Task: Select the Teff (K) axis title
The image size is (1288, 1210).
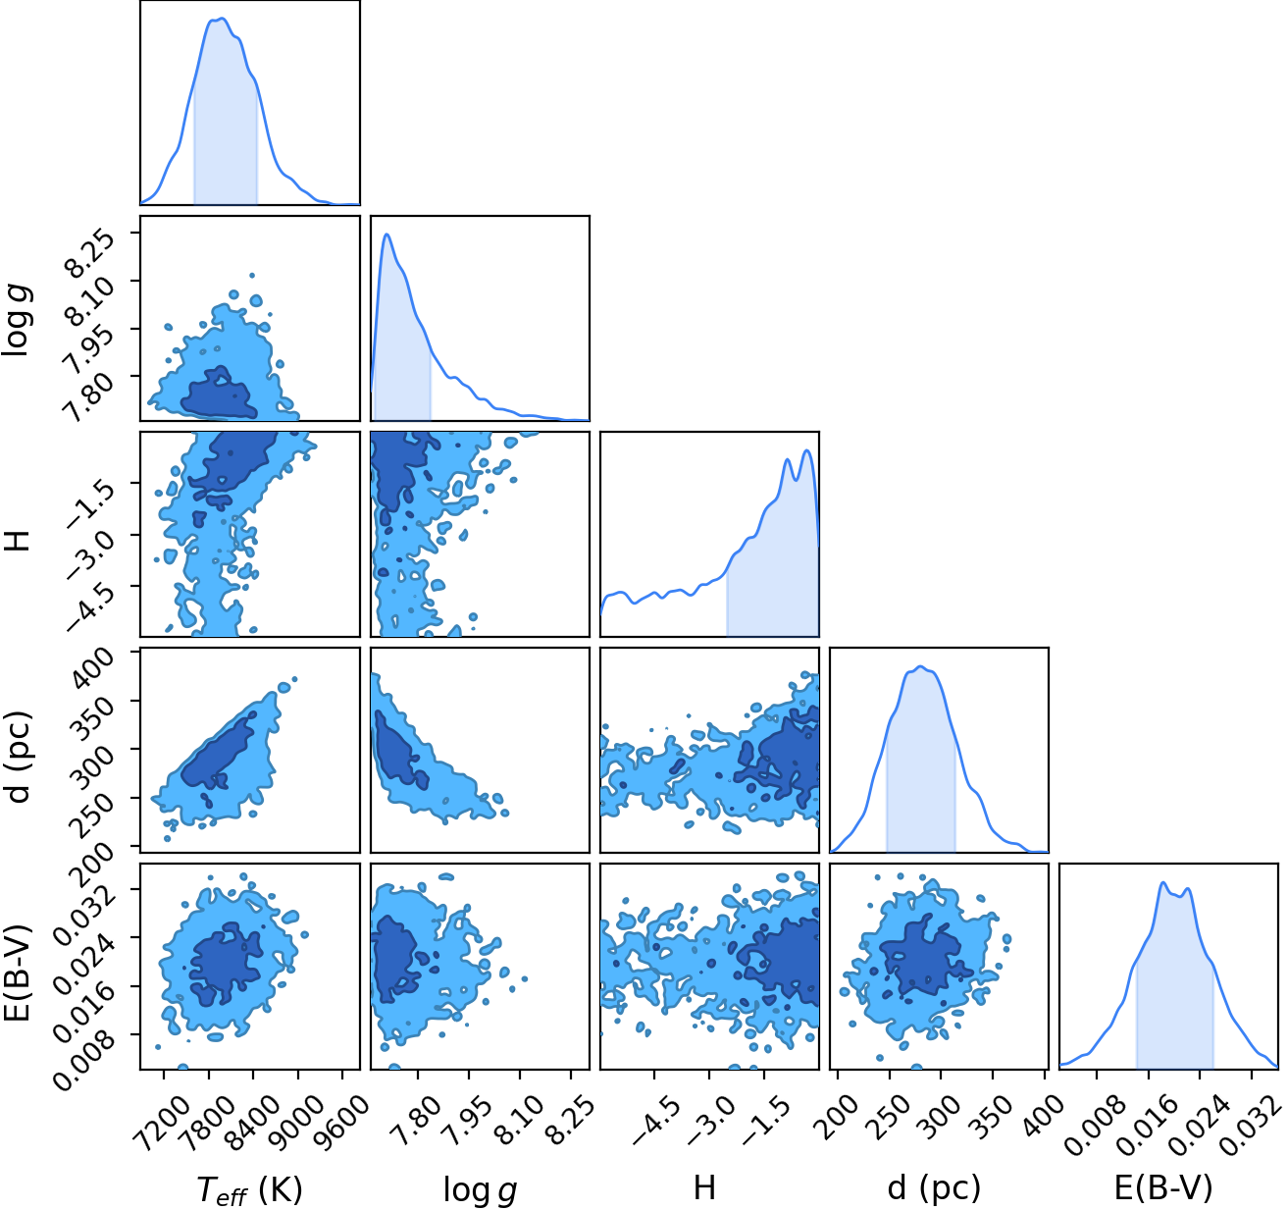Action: coord(250,1190)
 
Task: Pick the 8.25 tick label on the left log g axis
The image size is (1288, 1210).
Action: coord(81,252)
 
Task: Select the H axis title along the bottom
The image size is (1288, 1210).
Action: coord(705,1188)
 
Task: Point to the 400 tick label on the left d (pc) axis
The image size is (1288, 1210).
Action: coord(91,668)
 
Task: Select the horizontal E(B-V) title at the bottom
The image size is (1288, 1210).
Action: coord(1163,1188)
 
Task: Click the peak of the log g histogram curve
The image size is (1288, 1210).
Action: coord(386,235)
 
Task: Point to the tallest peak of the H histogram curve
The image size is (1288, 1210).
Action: coord(806,450)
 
